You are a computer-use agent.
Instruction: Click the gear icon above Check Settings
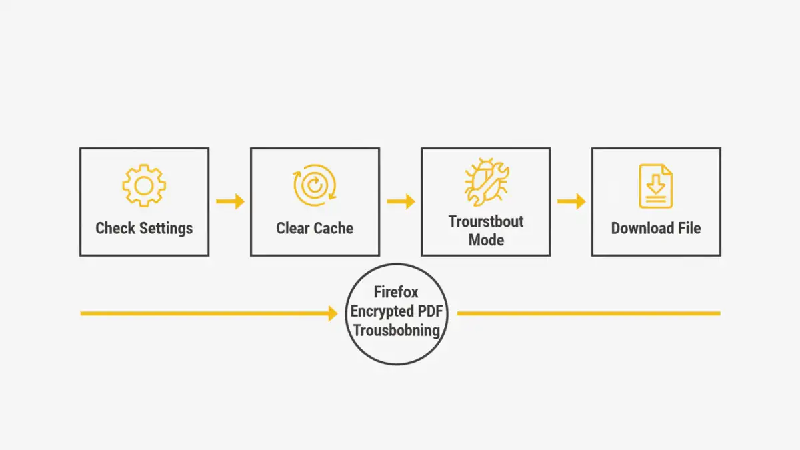pos(144,185)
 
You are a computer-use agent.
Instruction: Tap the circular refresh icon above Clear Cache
pos(315,185)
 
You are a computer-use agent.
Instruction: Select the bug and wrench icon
pos(486,181)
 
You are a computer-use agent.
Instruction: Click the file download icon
pos(656,186)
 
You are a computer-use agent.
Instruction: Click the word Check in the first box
pos(115,228)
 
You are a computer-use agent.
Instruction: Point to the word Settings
pos(166,228)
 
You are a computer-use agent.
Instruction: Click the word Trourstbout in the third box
pos(486,221)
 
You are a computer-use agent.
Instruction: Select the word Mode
pos(486,239)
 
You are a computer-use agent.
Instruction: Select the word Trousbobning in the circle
pos(396,329)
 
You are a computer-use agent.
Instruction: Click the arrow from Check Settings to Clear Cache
pos(231,201)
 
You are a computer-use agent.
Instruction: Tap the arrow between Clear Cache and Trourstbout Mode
pos(401,201)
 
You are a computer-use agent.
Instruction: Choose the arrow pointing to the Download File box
pos(572,201)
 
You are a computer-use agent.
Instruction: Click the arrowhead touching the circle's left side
pos(333,313)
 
